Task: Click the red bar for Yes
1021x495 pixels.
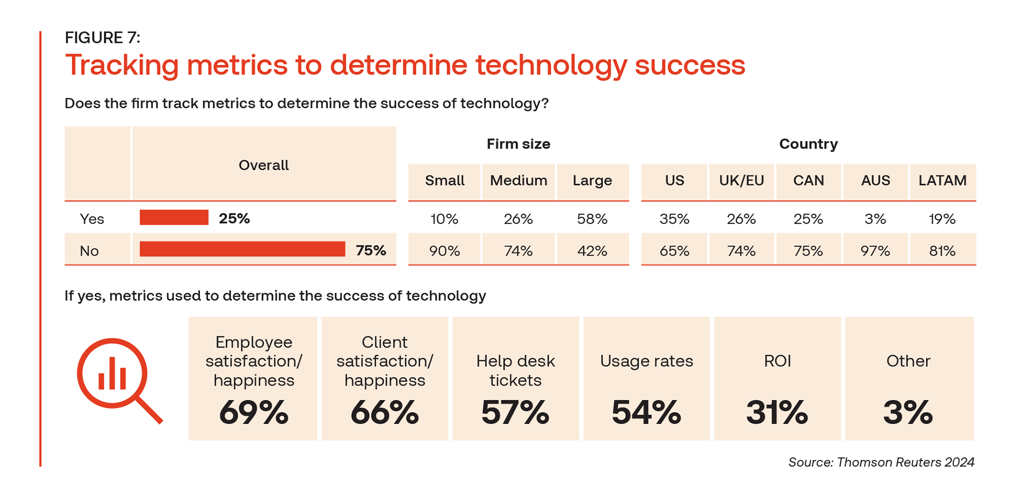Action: click(174, 218)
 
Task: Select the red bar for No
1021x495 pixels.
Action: click(242, 249)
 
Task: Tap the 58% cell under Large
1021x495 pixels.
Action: click(592, 219)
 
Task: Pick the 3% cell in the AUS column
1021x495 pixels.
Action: click(875, 219)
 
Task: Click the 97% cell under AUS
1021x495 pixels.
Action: click(875, 251)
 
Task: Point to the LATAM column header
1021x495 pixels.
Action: click(942, 180)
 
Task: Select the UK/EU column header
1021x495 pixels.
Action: click(741, 180)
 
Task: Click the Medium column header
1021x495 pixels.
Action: click(518, 180)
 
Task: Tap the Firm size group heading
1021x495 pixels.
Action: click(518, 144)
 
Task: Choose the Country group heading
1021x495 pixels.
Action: click(808, 144)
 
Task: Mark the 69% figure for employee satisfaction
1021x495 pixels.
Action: click(254, 412)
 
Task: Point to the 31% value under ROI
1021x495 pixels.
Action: click(777, 412)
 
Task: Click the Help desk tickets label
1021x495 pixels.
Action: click(515, 370)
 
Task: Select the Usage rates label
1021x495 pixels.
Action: click(646, 361)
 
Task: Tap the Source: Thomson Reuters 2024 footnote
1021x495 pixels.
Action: click(881, 462)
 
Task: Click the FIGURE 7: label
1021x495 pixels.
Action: click(103, 38)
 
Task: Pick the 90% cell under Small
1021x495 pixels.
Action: click(445, 251)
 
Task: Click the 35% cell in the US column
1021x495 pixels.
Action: click(674, 219)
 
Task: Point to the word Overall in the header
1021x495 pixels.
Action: click(263, 165)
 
